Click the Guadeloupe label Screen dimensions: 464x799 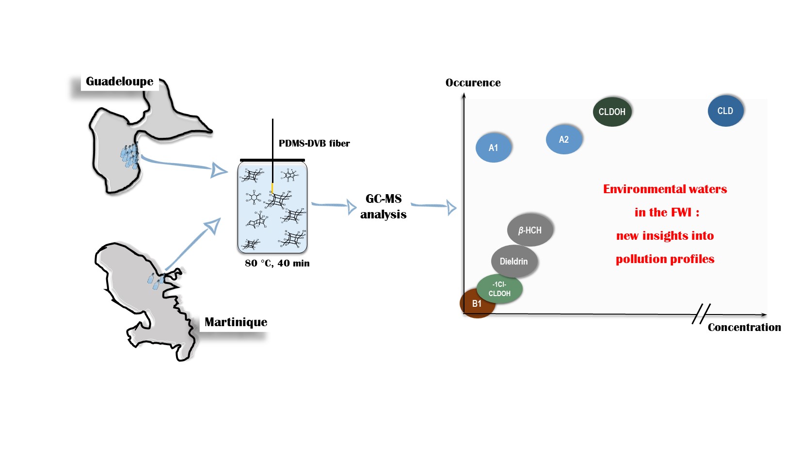[119, 82]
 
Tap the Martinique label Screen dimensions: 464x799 [236, 322]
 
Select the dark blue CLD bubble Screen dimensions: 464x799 [725, 111]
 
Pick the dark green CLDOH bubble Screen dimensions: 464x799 [612, 112]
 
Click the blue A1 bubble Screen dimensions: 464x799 [493, 148]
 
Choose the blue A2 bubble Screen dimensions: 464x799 [563, 140]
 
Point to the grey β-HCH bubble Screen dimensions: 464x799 [530, 230]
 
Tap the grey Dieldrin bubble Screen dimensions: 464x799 [514, 261]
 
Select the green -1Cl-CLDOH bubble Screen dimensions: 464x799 [499, 289]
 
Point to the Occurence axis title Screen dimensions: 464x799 [473, 83]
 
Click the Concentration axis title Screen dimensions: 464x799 [744, 328]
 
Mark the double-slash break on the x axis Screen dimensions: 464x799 [701, 314]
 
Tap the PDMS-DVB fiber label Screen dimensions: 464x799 [314, 144]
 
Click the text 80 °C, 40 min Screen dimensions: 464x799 [277, 264]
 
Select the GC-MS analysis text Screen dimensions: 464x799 [384, 206]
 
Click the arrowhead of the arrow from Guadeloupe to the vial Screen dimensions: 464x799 [220, 170]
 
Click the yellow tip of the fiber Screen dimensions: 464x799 [272, 187]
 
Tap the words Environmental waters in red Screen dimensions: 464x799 [665, 189]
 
